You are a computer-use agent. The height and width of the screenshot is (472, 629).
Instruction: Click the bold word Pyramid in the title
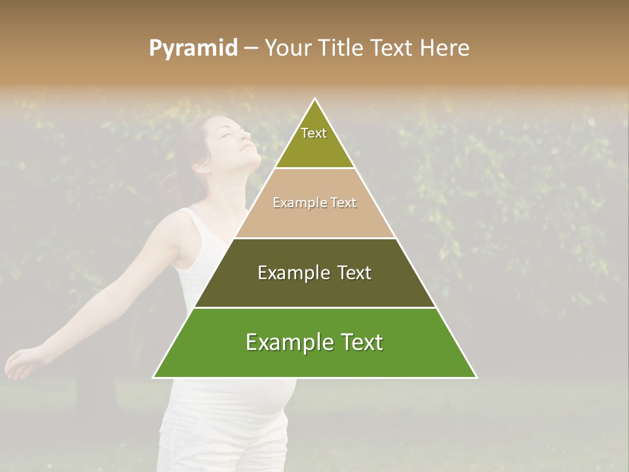[193, 49]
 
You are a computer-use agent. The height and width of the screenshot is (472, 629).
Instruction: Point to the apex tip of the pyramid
[315, 100]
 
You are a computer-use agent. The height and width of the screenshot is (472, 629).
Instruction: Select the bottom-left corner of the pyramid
[153, 378]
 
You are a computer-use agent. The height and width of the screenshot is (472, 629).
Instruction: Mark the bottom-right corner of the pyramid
[476, 378]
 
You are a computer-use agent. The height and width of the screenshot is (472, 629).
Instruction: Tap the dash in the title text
[251, 49]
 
